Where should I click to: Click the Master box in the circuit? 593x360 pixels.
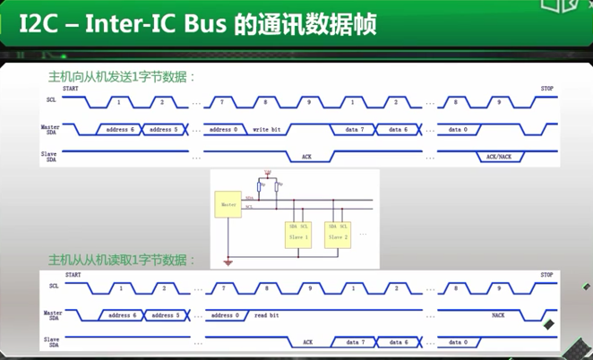pos(228,205)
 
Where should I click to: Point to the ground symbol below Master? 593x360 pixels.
pos(228,262)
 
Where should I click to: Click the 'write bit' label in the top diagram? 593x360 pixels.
pos(267,130)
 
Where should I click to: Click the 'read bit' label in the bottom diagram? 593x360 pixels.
pos(267,315)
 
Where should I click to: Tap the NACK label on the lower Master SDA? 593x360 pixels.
pos(498,315)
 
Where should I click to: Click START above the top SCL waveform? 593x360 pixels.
pos(71,89)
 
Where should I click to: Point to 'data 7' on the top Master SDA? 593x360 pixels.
pos(356,130)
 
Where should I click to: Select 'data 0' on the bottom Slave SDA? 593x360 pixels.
pos(458,342)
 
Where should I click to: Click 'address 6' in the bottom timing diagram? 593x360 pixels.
pos(122,315)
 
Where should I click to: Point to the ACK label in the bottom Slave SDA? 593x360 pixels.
pos(307,342)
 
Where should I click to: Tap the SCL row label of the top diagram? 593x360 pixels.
pos(52,100)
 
